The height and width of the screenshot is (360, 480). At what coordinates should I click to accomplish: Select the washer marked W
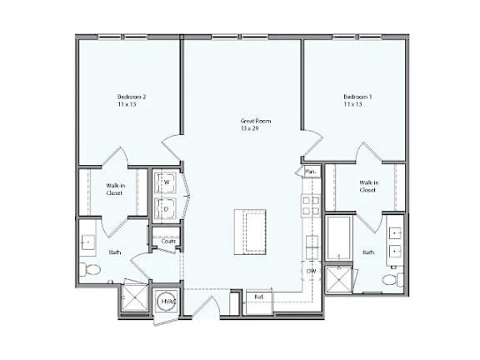pyautogui.click(x=166, y=182)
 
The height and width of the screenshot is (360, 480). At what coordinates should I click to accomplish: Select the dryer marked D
pyautogui.click(x=166, y=208)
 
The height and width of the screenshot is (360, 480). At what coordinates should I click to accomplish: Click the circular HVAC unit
pyautogui.click(x=167, y=302)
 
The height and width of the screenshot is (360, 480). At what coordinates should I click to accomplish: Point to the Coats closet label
pyautogui.click(x=167, y=242)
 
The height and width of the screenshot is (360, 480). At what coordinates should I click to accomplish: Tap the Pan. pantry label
pyautogui.click(x=310, y=172)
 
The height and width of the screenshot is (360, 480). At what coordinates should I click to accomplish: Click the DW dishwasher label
pyautogui.click(x=311, y=271)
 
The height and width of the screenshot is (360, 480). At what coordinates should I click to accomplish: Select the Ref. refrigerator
pyautogui.click(x=258, y=297)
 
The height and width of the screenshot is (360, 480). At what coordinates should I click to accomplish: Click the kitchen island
pyautogui.click(x=249, y=230)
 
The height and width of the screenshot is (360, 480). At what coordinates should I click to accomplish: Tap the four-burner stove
pyautogui.click(x=311, y=204)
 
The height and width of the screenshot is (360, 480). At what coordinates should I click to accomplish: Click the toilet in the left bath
pyautogui.click(x=92, y=269)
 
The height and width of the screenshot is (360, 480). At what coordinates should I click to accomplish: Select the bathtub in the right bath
pyautogui.click(x=340, y=238)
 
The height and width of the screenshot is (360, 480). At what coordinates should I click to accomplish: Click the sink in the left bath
pyautogui.click(x=88, y=242)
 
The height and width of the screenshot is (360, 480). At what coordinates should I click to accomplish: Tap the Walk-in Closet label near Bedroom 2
pyautogui.click(x=114, y=189)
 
